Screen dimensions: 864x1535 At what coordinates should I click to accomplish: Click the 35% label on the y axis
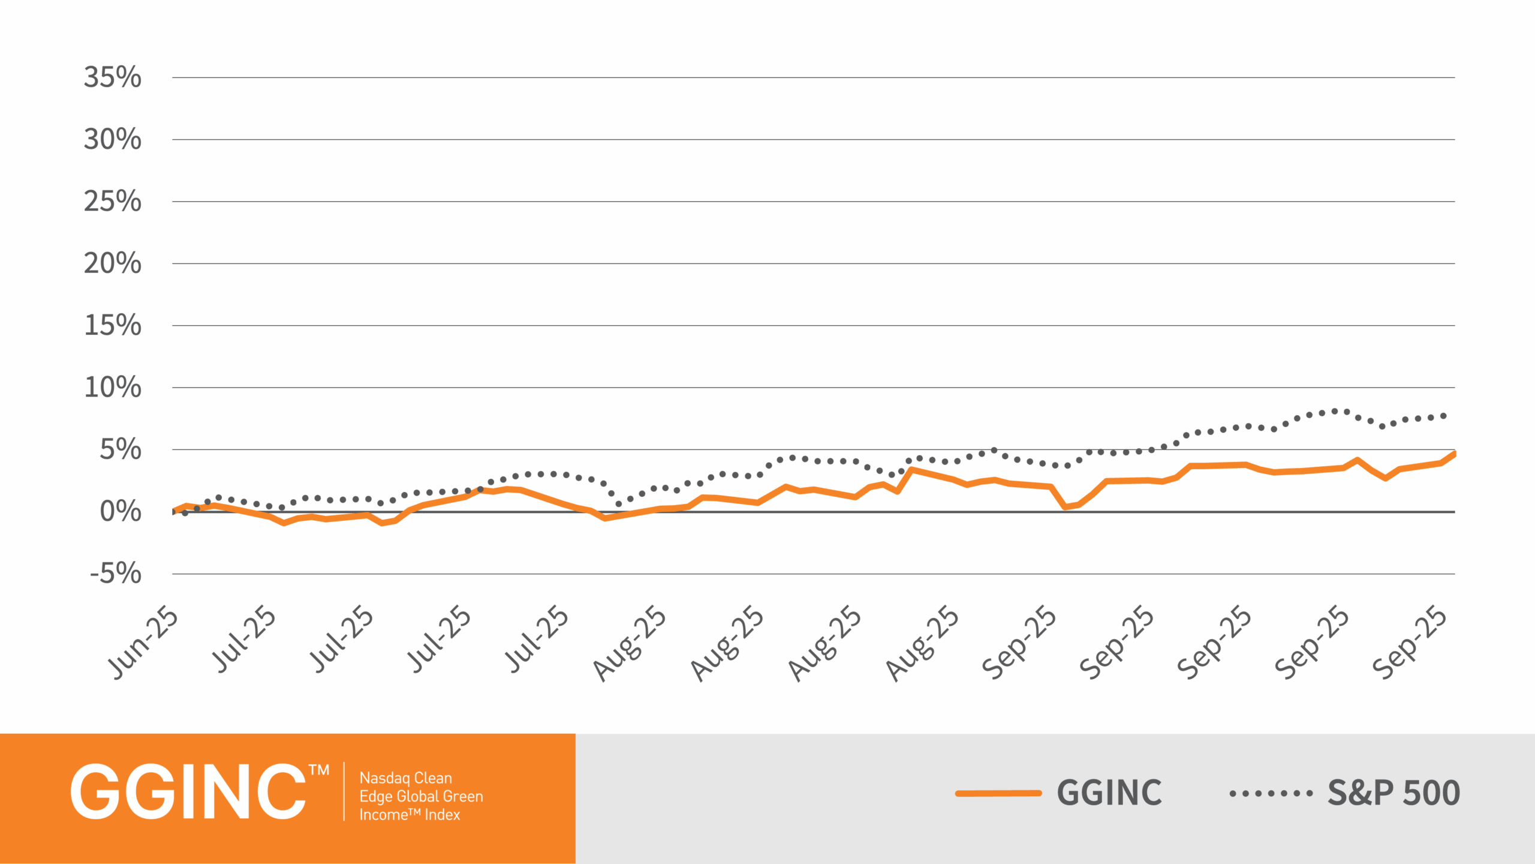tap(113, 77)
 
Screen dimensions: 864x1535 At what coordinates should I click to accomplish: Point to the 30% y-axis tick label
tap(113, 139)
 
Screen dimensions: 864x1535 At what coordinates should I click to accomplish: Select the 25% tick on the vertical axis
tap(113, 201)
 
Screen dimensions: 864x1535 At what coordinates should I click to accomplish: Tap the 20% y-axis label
tap(113, 263)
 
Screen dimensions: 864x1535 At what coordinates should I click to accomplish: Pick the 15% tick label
tap(113, 325)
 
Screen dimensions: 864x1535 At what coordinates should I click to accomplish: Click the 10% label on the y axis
tap(113, 387)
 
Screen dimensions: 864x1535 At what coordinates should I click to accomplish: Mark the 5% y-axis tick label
tap(121, 449)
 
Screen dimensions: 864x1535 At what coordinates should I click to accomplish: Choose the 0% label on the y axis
tap(121, 512)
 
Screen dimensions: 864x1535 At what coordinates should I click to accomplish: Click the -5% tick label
tap(116, 574)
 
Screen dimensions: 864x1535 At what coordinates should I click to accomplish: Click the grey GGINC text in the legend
tap(1109, 793)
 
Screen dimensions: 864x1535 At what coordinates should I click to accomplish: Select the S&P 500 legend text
tap(1393, 793)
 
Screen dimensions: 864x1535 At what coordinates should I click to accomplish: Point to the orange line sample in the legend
tap(998, 793)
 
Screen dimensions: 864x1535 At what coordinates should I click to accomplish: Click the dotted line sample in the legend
tap(1271, 793)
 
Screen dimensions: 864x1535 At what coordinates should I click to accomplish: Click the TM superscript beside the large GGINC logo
tap(319, 770)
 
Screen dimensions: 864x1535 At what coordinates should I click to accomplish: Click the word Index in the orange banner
tap(443, 815)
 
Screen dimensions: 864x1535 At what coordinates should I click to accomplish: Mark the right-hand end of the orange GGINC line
tap(1453, 454)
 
